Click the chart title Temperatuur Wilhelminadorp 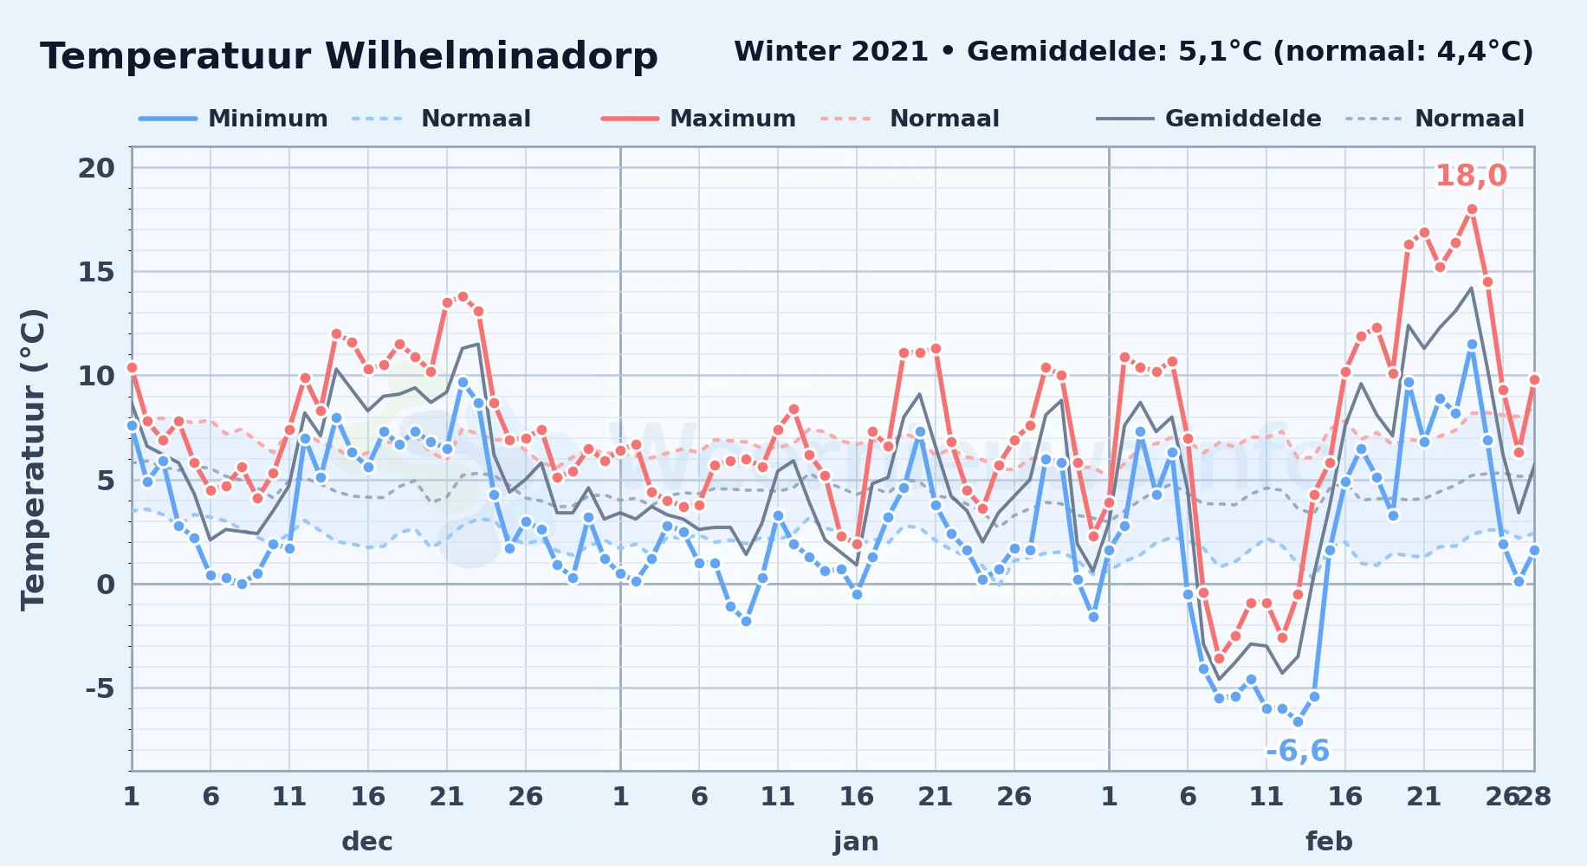(x=349, y=56)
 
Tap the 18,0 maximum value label (x=1471, y=176)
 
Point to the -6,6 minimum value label (x=1297, y=751)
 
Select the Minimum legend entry (x=234, y=119)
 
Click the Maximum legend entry (x=698, y=119)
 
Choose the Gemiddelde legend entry (x=1209, y=119)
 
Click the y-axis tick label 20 (x=96, y=168)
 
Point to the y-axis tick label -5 (x=100, y=688)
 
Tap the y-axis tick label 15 (x=96, y=272)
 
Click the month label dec (x=367, y=842)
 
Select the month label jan (x=856, y=842)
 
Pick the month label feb (x=1329, y=842)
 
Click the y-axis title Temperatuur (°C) (x=33, y=459)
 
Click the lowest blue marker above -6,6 (x=1298, y=721)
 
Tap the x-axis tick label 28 (x=1534, y=796)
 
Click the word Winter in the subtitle (x=780, y=52)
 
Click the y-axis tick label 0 (x=106, y=585)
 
